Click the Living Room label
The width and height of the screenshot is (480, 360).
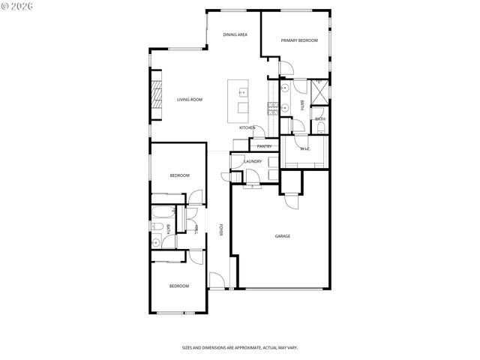[x=190, y=100]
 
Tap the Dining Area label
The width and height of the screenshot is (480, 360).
[x=235, y=34]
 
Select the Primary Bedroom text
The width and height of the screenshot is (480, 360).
[x=299, y=40]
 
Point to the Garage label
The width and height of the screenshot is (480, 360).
[x=282, y=236]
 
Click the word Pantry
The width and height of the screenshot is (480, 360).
[x=264, y=146]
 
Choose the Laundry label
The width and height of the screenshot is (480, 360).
[x=253, y=161]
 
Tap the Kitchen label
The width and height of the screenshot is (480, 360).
[x=247, y=127]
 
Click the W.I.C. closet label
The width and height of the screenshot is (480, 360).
[x=305, y=148]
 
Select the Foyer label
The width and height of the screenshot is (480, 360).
[x=221, y=230]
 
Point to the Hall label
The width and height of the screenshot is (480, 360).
[x=196, y=229]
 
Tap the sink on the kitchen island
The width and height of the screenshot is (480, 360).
[x=242, y=94]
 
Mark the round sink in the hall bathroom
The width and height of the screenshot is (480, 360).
[x=157, y=242]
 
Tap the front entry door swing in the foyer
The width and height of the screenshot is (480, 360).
[x=216, y=281]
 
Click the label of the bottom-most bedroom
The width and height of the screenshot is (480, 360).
[x=178, y=286]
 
